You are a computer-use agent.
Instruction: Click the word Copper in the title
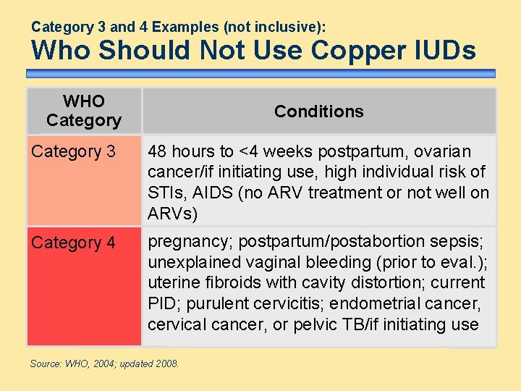tap(349, 51)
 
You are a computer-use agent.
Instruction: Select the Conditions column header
tap(318, 112)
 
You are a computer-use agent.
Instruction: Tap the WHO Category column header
tap(84, 111)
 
